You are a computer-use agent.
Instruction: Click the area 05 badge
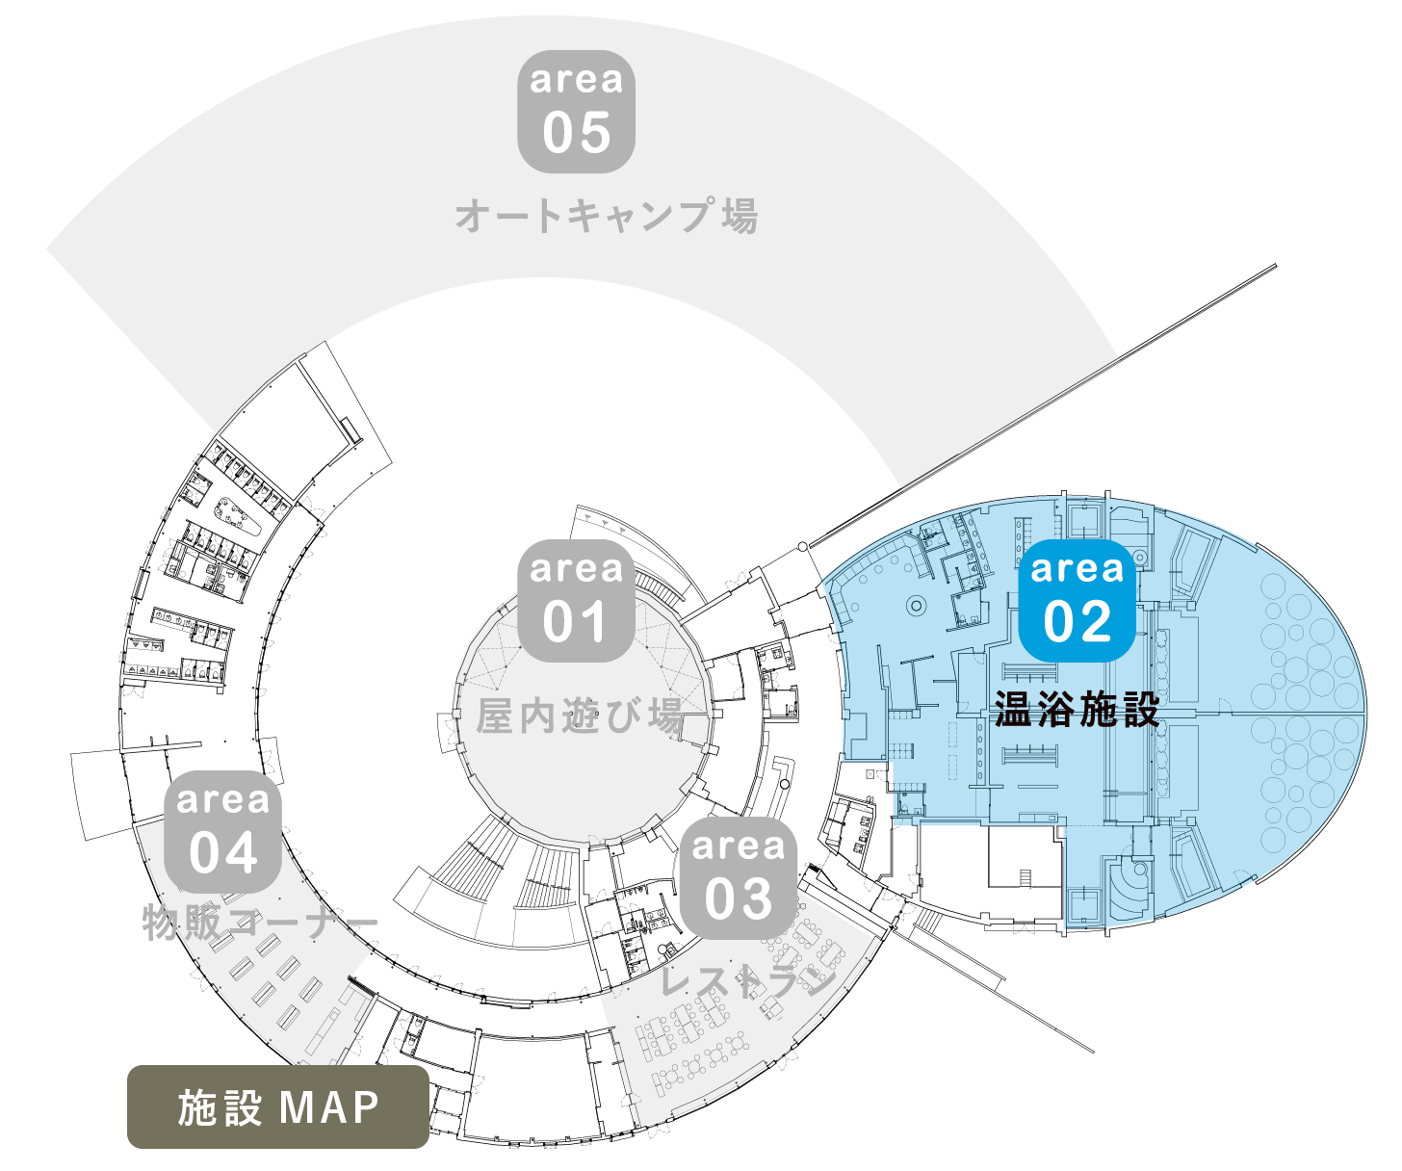click(x=576, y=112)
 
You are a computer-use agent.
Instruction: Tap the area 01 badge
click(x=576, y=600)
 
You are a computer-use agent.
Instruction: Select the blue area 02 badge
click(x=1077, y=600)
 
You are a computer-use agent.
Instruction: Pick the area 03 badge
click(x=738, y=877)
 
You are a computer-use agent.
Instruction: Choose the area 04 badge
click(x=223, y=831)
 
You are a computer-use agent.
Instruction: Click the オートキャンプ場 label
click(x=607, y=216)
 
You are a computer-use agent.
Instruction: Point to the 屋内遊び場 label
click(x=580, y=716)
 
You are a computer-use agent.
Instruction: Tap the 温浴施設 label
click(x=1077, y=709)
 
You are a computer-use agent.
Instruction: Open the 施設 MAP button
click(x=278, y=1106)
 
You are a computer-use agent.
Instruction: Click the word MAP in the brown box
click(x=329, y=1107)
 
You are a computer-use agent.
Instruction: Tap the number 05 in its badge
click(x=576, y=132)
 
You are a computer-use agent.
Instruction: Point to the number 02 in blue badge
click(x=1077, y=621)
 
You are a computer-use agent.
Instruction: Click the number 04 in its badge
click(x=223, y=852)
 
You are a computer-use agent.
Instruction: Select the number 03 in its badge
click(x=738, y=898)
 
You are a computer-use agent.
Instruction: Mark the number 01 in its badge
click(x=575, y=621)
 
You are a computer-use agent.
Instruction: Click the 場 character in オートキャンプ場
click(x=740, y=216)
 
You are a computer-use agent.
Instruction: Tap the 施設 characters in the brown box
click(x=220, y=1107)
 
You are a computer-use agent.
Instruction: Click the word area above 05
click(x=576, y=80)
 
